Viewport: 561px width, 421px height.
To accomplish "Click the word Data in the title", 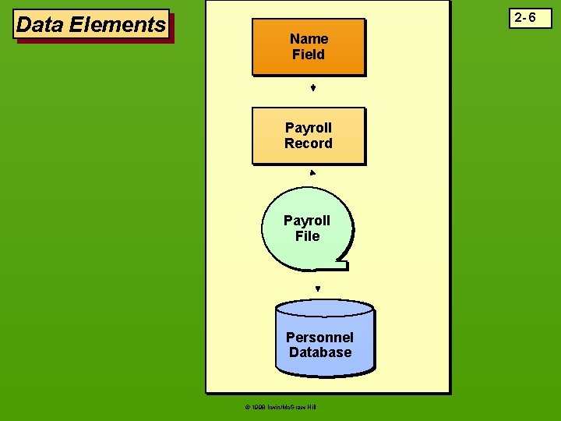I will point(41,25).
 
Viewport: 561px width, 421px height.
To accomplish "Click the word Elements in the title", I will point(117,25).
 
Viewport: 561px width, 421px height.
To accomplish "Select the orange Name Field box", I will point(309,47).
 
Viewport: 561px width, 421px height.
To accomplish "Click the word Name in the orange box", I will point(309,38).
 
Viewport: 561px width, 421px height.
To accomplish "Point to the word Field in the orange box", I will point(309,55).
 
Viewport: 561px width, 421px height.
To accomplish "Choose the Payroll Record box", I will point(309,135).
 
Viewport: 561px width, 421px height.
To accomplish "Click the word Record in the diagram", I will point(309,143).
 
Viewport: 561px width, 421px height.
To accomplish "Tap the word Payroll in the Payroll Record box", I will point(309,127).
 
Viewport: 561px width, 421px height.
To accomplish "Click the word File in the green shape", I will point(307,236).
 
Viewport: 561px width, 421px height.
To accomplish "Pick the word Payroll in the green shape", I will point(307,221).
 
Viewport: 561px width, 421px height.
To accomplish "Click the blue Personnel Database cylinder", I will point(324,335).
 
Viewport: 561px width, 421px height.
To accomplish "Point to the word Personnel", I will point(319,337).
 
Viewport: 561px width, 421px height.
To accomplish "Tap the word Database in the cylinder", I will point(319,352).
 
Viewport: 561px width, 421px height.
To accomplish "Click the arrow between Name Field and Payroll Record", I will point(312,89).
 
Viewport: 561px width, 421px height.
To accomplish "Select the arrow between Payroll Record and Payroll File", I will point(312,172).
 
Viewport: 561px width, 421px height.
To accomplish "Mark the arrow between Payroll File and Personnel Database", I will point(318,288).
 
